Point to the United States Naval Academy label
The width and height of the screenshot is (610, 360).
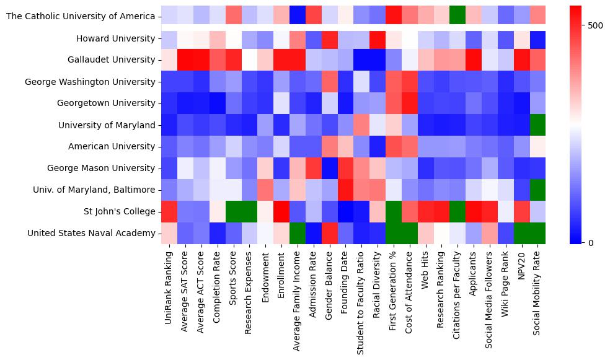point(91,233)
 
